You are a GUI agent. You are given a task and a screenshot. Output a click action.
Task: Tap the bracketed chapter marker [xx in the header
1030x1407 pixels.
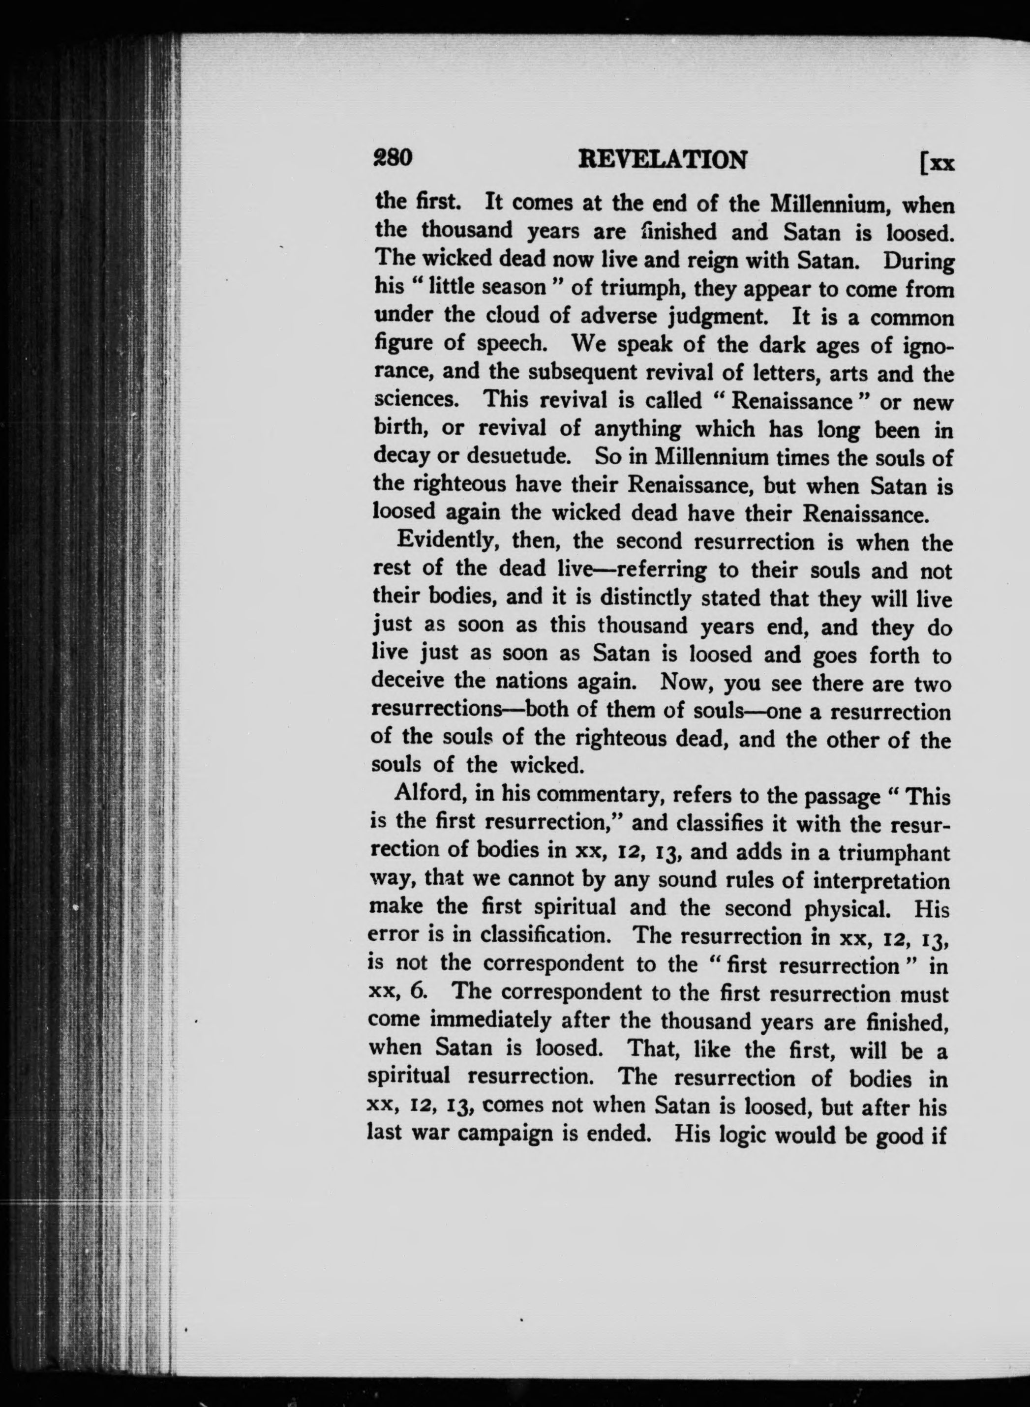pyautogui.click(x=937, y=164)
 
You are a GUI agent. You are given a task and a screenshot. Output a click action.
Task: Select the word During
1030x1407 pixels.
pyautogui.click(x=918, y=261)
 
